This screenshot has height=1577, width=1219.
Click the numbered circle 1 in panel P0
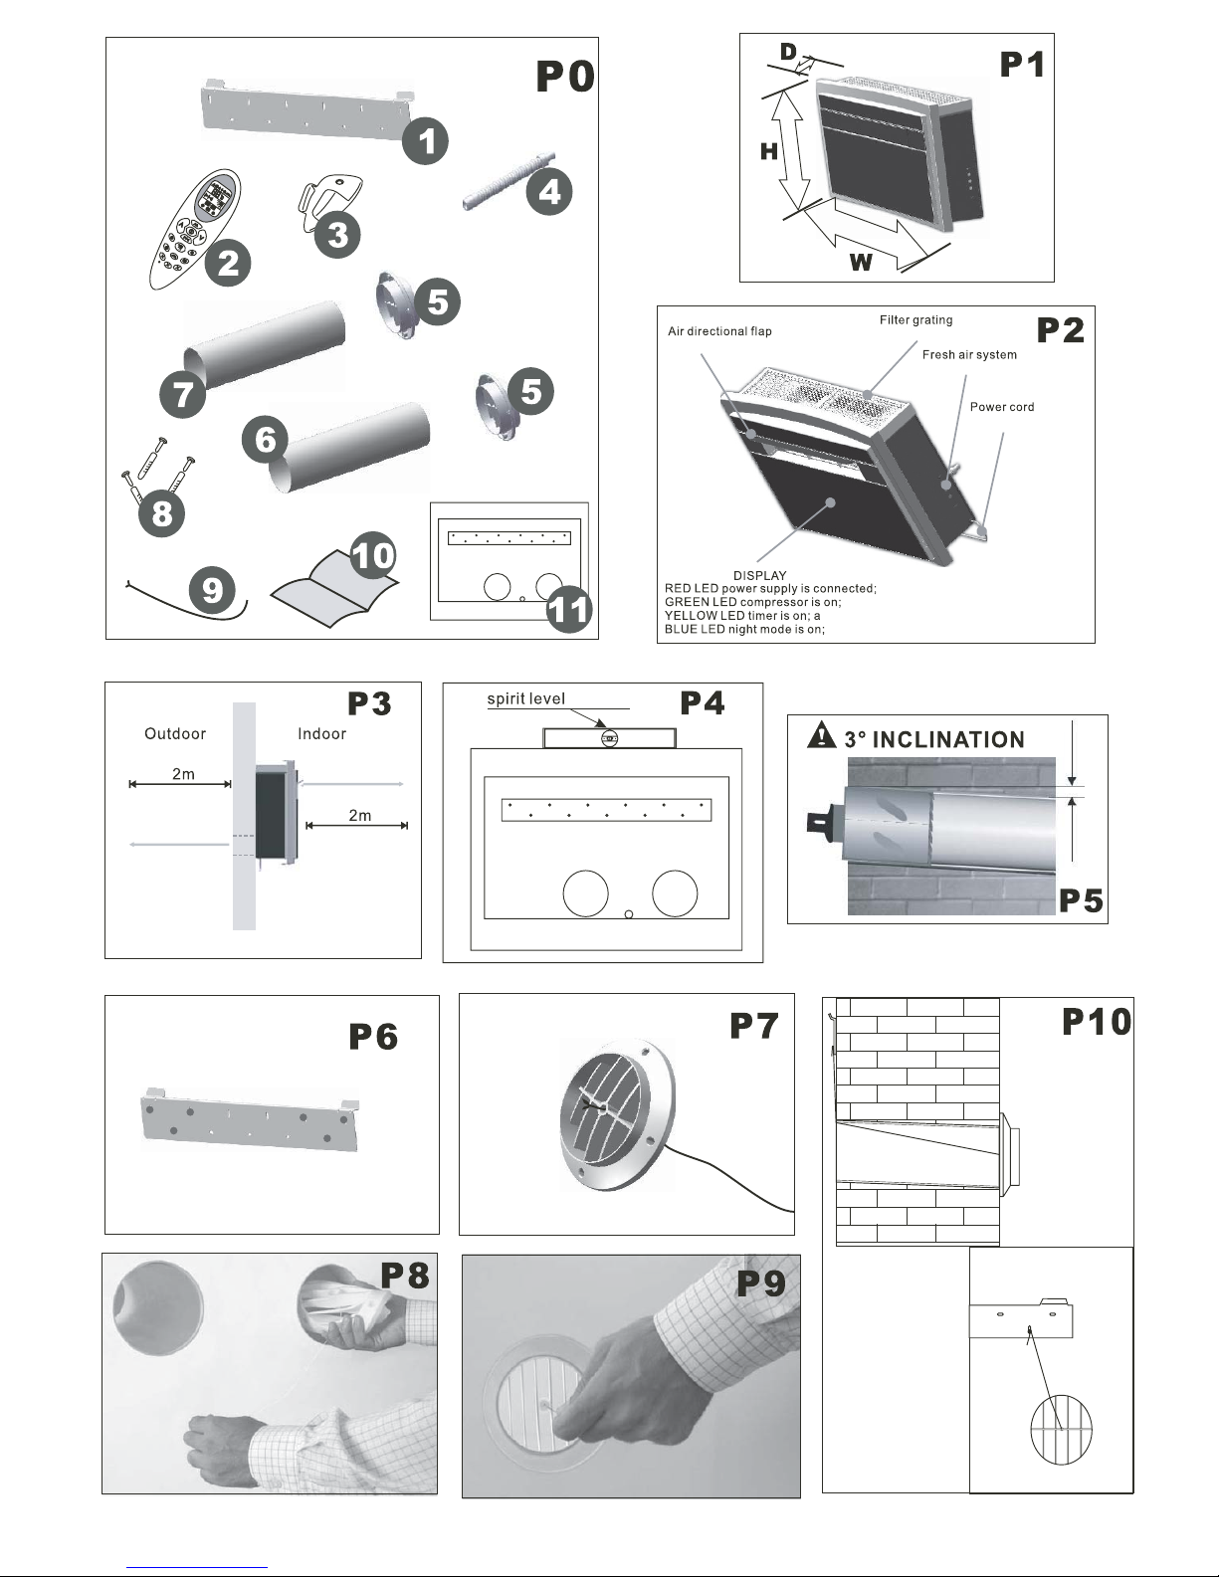[426, 141]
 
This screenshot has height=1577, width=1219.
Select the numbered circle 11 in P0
[569, 609]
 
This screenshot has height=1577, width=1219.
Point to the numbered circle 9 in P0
[212, 590]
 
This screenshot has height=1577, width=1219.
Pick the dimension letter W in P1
[861, 262]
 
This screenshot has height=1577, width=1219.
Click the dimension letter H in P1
[769, 151]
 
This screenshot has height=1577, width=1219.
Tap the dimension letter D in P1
[789, 52]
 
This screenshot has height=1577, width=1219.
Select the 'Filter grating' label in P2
[915, 320]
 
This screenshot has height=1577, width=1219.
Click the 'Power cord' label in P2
[1002, 407]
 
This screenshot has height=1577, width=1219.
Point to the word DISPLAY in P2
[759, 575]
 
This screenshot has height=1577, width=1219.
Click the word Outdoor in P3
[175, 733]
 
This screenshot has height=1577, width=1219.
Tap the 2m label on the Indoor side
[360, 815]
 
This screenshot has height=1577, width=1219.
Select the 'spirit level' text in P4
[526, 698]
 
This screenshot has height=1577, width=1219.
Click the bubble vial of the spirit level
[610, 739]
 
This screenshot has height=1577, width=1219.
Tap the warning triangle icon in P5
[821, 735]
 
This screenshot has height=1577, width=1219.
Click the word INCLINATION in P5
[948, 739]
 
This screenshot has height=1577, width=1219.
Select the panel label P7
[754, 1026]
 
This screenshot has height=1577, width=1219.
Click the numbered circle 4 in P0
[549, 192]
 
